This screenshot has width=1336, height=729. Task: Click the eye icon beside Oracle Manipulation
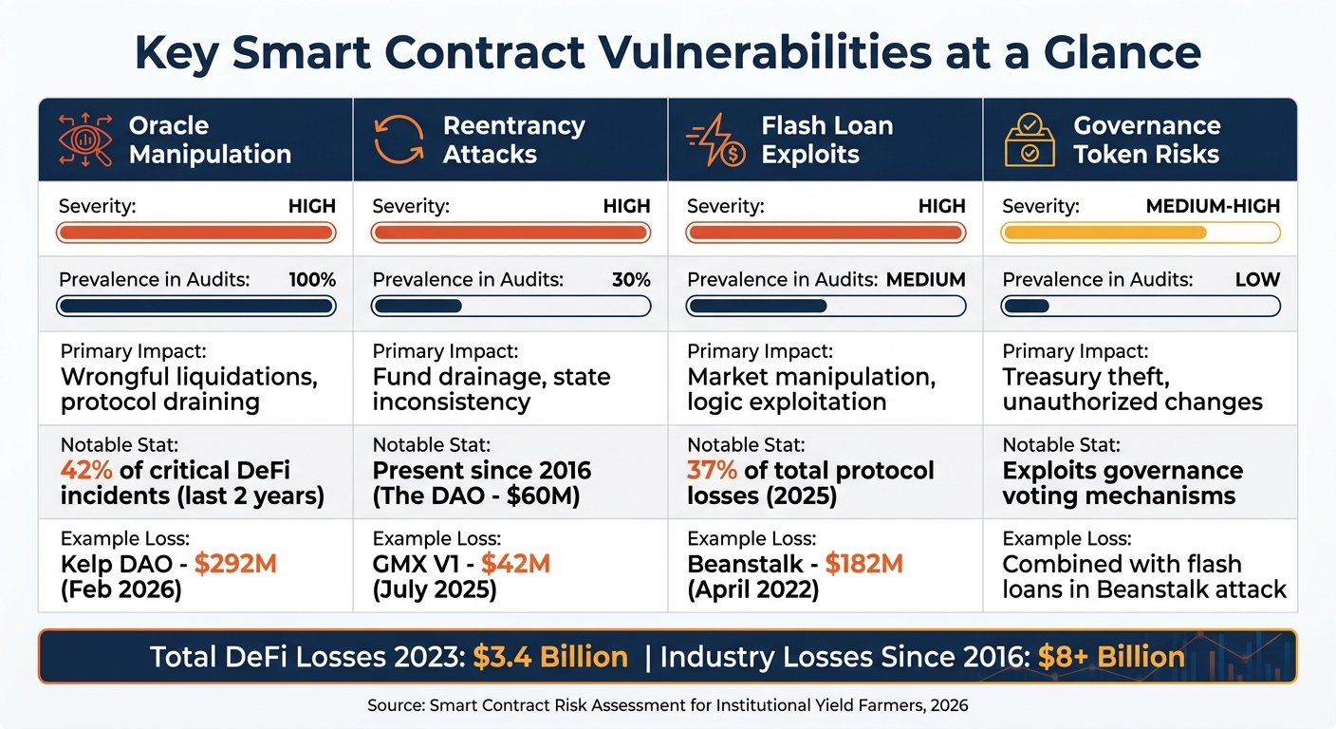point(84,140)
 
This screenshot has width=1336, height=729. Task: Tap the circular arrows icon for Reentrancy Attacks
point(399,140)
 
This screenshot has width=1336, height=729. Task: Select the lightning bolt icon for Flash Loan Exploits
point(714,140)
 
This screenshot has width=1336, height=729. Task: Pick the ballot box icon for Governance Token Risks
point(1030,140)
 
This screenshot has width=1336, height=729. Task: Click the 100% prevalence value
point(312,280)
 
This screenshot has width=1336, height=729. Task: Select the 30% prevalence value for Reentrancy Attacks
point(631,280)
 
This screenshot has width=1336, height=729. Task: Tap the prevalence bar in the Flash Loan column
point(826,306)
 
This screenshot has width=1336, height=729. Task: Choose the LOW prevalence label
point(1257,280)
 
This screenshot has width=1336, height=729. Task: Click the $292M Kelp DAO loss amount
point(235,564)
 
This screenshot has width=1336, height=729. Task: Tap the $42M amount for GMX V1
point(515,564)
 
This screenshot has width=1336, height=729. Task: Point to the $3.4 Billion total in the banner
point(549,657)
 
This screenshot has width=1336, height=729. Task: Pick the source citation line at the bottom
point(667,706)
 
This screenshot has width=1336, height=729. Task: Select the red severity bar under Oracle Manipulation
point(196,233)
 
